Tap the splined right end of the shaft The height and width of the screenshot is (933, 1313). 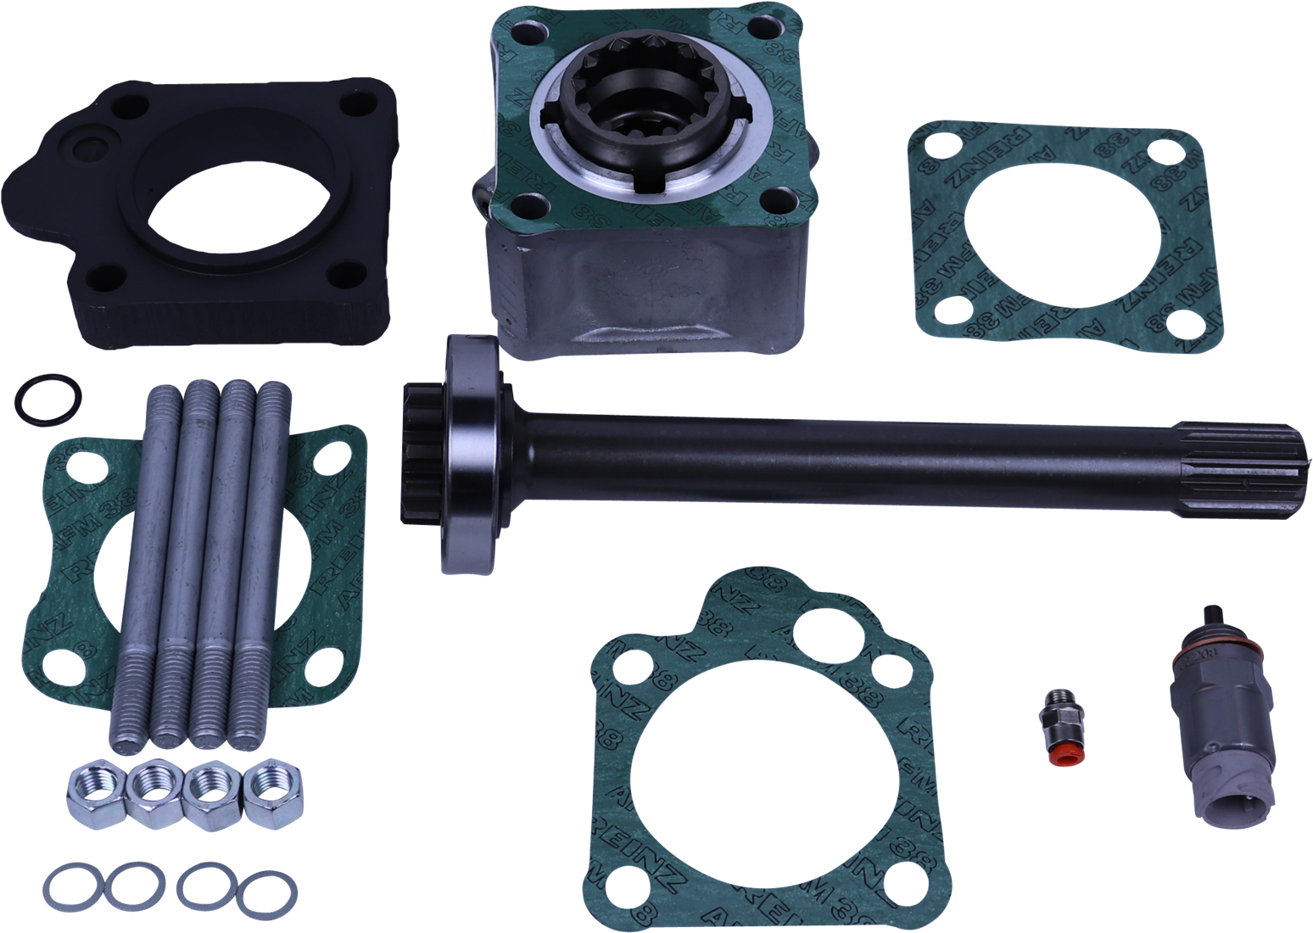pyautogui.click(x=1272, y=459)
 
